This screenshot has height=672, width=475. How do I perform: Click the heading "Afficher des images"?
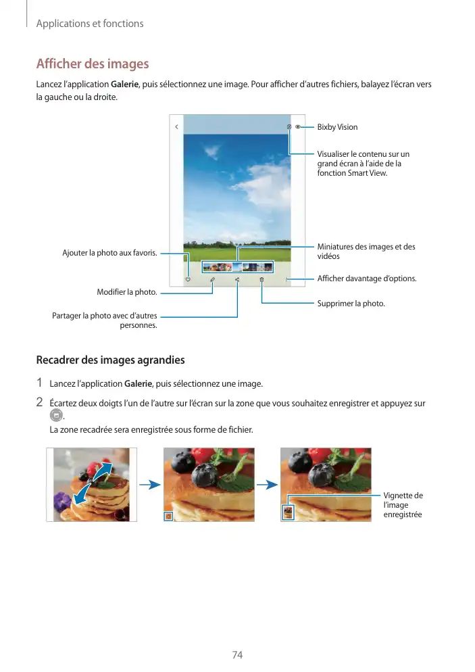92,64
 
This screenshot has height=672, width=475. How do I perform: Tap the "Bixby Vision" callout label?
337,127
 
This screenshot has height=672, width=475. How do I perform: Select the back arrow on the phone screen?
176,126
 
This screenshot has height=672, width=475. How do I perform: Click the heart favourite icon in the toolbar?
188,279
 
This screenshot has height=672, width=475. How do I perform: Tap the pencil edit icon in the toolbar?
212,279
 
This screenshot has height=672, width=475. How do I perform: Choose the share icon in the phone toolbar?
237,279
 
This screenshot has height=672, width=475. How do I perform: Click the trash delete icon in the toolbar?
261,279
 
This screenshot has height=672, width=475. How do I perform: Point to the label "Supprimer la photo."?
351,304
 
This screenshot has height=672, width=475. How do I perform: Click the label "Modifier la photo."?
127,292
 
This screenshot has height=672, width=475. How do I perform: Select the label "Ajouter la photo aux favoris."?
109,253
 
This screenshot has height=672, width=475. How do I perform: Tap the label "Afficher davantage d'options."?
367,279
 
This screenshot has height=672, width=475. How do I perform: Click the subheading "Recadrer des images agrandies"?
110,360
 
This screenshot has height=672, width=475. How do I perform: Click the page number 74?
237,655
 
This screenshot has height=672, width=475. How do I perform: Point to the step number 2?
40,404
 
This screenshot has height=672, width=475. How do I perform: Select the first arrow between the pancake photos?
154,484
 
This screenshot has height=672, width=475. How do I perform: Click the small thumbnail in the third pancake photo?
287,512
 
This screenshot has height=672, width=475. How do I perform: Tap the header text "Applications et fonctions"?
90,24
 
